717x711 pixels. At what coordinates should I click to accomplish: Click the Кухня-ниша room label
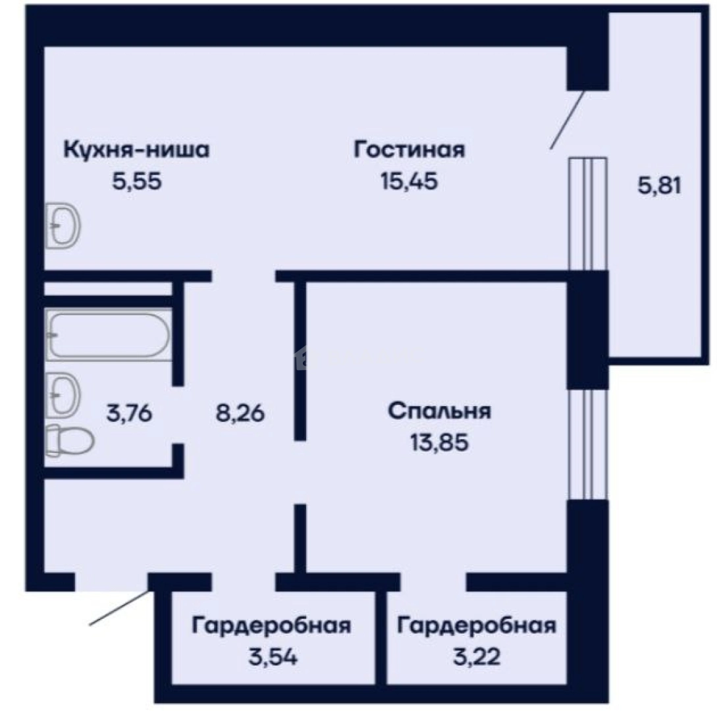point(136,150)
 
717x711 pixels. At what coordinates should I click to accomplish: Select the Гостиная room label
point(409,149)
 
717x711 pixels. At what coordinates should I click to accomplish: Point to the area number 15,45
point(409,180)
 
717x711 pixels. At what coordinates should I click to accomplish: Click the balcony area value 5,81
point(659,187)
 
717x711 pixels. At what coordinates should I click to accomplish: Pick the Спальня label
point(439,411)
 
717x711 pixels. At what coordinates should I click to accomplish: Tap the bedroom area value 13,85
point(439,442)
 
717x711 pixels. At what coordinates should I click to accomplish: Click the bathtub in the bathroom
point(108,334)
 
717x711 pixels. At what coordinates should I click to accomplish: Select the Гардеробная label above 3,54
point(271,625)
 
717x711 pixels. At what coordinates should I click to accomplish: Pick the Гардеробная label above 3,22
point(477,625)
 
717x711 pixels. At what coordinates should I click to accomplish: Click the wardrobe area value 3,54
point(271,656)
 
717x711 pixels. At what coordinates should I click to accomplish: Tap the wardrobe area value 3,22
point(477,656)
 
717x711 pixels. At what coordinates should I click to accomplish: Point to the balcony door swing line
point(567,120)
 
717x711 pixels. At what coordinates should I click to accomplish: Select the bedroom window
point(587,444)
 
